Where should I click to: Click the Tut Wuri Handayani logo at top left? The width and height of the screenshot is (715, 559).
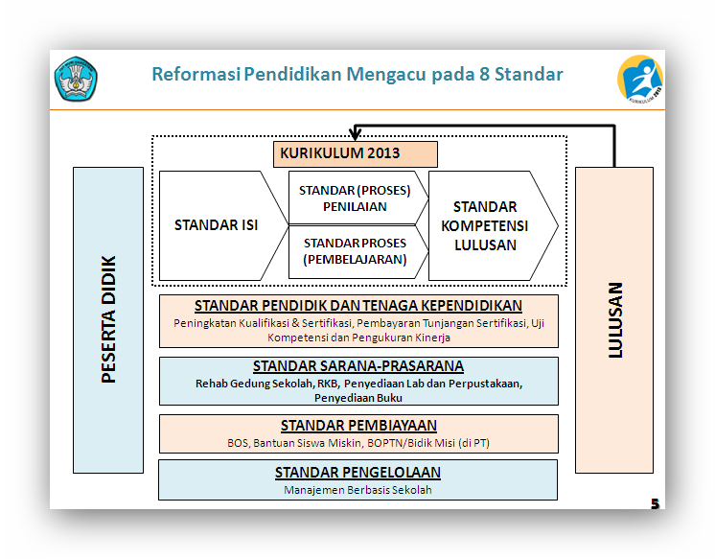coord(76,79)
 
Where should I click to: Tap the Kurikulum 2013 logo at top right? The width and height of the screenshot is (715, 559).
coord(639,79)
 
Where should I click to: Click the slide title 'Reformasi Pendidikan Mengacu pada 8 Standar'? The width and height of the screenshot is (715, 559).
coord(357,75)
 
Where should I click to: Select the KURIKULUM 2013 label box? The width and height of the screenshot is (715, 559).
coord(356,153)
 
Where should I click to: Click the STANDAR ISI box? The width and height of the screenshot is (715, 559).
coord(217,225)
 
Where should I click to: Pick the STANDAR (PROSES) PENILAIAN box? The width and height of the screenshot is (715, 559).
coord(355,198)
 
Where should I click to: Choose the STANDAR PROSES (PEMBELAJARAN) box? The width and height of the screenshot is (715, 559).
coord(355,251)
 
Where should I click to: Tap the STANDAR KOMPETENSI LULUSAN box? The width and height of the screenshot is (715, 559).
coord(485,225)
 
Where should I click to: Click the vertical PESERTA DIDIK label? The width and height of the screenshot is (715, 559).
coord(108,319)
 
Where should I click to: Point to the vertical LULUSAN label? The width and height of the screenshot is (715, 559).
coord(614,319)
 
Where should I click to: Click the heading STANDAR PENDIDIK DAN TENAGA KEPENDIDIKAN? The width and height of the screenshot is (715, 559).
coord(358,306)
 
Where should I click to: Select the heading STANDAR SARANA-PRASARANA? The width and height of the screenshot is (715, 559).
coord(358,366)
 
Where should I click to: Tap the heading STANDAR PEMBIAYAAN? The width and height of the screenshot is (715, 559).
coord(358,426)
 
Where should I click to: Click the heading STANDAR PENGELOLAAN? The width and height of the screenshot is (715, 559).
coord(357,473)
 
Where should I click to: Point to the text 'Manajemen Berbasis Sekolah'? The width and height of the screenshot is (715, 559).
coord(357,490)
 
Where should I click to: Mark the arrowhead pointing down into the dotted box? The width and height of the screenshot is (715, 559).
coord(357,132)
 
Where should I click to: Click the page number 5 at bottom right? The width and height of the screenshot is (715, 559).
coord(656,503)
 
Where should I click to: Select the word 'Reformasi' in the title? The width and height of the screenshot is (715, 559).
coord(195,75)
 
